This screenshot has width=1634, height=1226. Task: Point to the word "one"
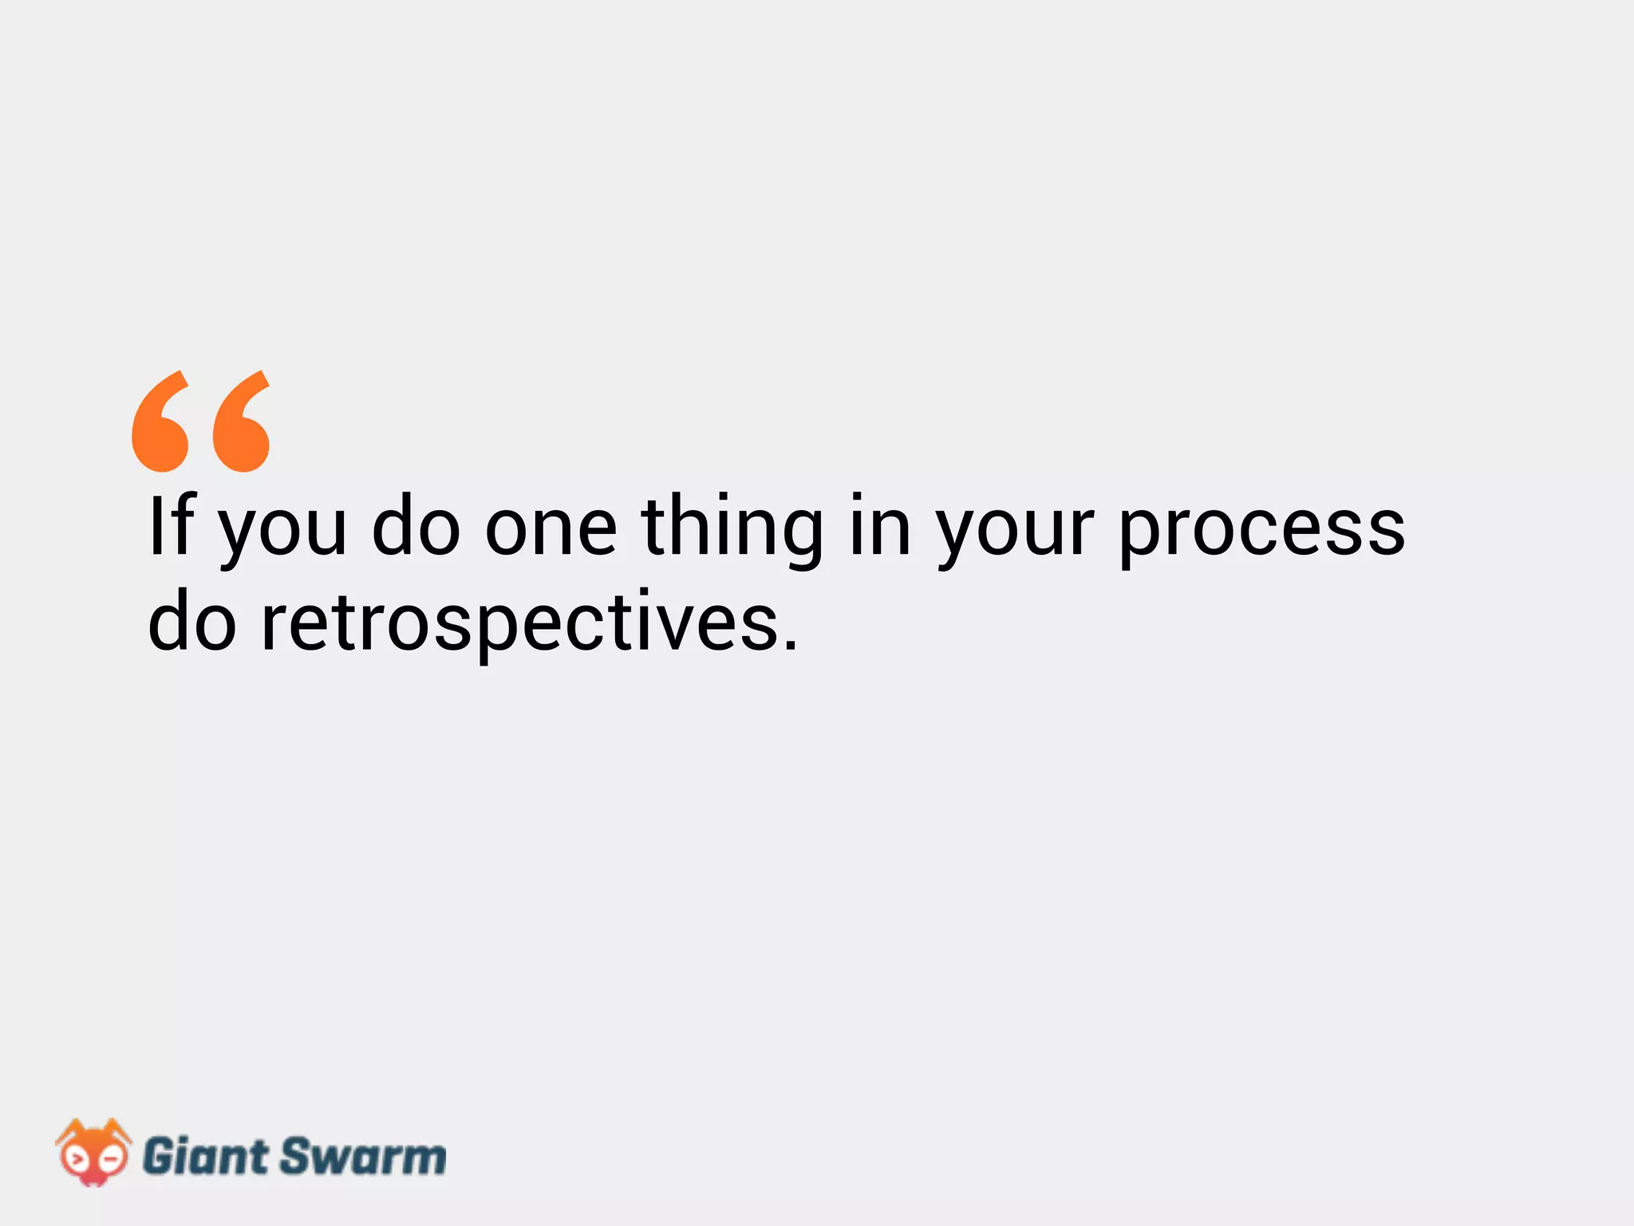click(551, 530)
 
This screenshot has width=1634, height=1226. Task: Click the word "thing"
click(732, 530)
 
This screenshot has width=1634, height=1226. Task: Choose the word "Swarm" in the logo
click(362, 1157)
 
